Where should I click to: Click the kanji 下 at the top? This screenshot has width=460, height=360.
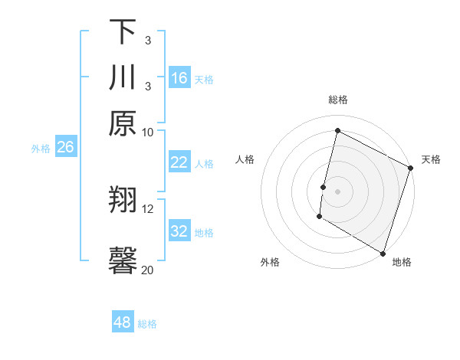[x=123, y=32]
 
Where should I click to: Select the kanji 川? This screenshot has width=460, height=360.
[x=123, y=78]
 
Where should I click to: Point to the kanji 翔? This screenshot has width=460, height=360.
[x=123, y=201]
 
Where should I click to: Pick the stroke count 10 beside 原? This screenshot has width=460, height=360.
[x=148, y=132]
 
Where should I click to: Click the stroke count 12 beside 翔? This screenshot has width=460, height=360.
[x=148, y=208]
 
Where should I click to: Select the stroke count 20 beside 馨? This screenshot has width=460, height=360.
[x=148, y=270]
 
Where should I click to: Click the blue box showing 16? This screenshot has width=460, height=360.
[x=179, y=78]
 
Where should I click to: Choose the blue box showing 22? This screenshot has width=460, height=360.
[x=179, y=162]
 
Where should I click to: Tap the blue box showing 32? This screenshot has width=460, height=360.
[x=179, y=231]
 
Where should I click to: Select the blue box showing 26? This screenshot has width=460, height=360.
[x=65, y=147]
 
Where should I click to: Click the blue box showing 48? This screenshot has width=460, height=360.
[x=123, y=322]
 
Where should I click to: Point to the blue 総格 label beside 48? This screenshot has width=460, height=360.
[x=147, y=324]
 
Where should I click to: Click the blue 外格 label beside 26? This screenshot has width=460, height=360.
[x=41, y=149]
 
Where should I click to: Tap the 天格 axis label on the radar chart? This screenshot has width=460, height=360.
[x=431, y=160]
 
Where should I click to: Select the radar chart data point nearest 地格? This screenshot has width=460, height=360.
[x=383, y=253]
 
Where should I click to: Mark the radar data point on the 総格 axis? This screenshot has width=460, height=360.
[x=337, y=131]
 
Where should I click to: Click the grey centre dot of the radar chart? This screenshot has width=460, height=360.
[x=337, y=191]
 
